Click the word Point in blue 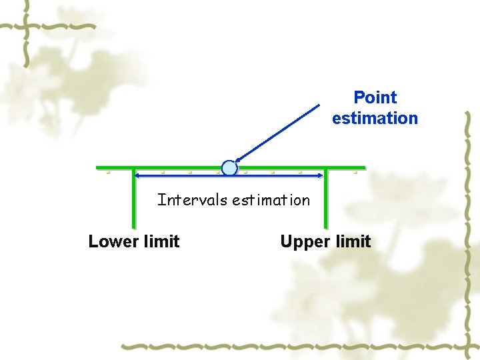[x=375, y=98]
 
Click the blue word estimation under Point [x=375, y=119]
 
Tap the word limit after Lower [x=161, y=241]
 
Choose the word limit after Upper [x=352, y=241]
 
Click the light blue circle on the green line [x=229, y=168]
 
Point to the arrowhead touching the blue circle [x=238, y=161]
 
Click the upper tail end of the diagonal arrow [x=319, y=105]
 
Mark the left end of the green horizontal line [x=97, y=167]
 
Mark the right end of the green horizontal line [x=364, y=167]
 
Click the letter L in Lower [x=93, y=241]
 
